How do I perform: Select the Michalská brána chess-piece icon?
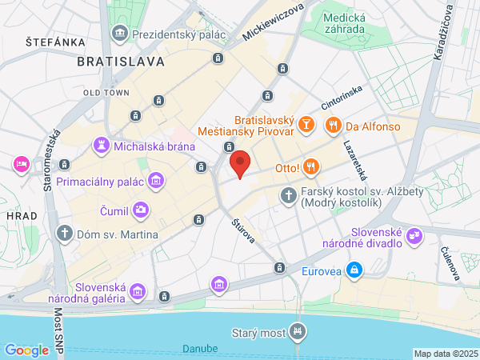(x=102, y=146)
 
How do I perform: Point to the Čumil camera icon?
(x=141, y=210)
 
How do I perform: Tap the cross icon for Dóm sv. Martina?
(x=65, y=234)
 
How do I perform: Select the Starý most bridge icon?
(x=298, y=330)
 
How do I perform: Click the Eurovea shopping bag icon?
(x=352, y=271)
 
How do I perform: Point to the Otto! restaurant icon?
(x=311, y=167)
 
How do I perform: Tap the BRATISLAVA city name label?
(x=121, y=61)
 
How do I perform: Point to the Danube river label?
(x=200, y=348)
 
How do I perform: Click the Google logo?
(x=26, y=350)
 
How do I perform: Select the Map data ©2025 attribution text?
(x=446, y=354)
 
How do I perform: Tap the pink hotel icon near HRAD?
(x=21, y=164)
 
